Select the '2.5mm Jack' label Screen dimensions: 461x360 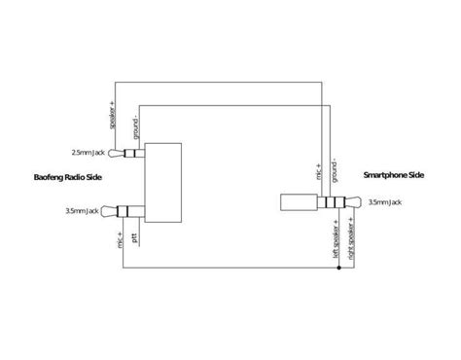pos(89,152)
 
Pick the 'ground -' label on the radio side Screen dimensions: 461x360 pos(136,126)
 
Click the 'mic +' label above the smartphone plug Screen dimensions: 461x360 pos(320,172)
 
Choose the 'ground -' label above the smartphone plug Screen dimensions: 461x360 pos(336,170)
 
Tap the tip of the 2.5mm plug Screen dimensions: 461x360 pos(115,153)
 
